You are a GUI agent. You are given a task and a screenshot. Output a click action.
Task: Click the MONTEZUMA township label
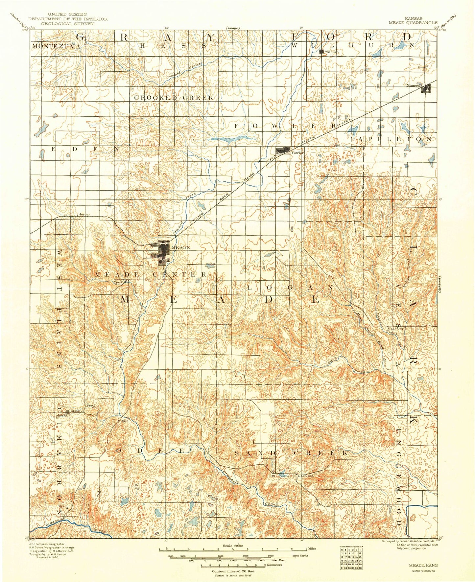(x=56, y=46)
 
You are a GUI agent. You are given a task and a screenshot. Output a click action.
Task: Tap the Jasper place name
(x=84, y=214)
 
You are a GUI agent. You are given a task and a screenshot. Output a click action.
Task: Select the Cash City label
(x=395, y=329)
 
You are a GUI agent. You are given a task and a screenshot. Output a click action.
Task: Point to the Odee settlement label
(x=124, y=420)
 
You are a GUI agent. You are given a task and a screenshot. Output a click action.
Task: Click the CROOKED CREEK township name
(x=174, y=98)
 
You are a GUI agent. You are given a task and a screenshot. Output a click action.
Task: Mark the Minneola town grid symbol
(x=427, y=88)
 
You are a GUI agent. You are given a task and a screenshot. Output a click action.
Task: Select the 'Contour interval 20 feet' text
(x=233, y=571)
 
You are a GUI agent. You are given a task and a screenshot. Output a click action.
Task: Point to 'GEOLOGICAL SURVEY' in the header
(x=67, y=23)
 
